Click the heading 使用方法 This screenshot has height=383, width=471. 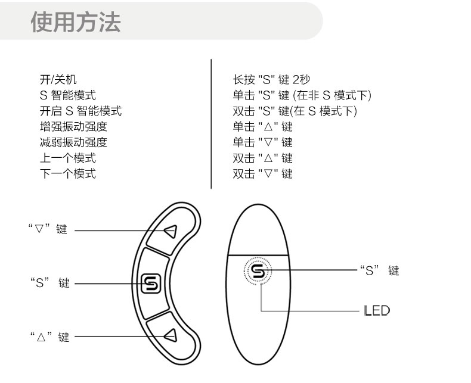(75, 22)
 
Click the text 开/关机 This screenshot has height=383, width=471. (58, 79)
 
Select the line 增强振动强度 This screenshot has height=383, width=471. (73, 127)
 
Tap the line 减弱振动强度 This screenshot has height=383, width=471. (73, 142)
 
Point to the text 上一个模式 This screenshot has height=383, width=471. (67, 158)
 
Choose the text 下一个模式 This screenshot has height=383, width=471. (67, 174)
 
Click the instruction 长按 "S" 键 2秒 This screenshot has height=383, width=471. (271, 79)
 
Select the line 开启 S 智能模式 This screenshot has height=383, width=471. (80, 111)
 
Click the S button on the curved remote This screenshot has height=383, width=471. (150, 283)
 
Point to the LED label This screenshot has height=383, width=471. (377, 310)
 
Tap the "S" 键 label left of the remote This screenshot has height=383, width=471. (50, 284)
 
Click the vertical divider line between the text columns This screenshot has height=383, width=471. (211, 124)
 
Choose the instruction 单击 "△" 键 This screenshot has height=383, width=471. (262, 127)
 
